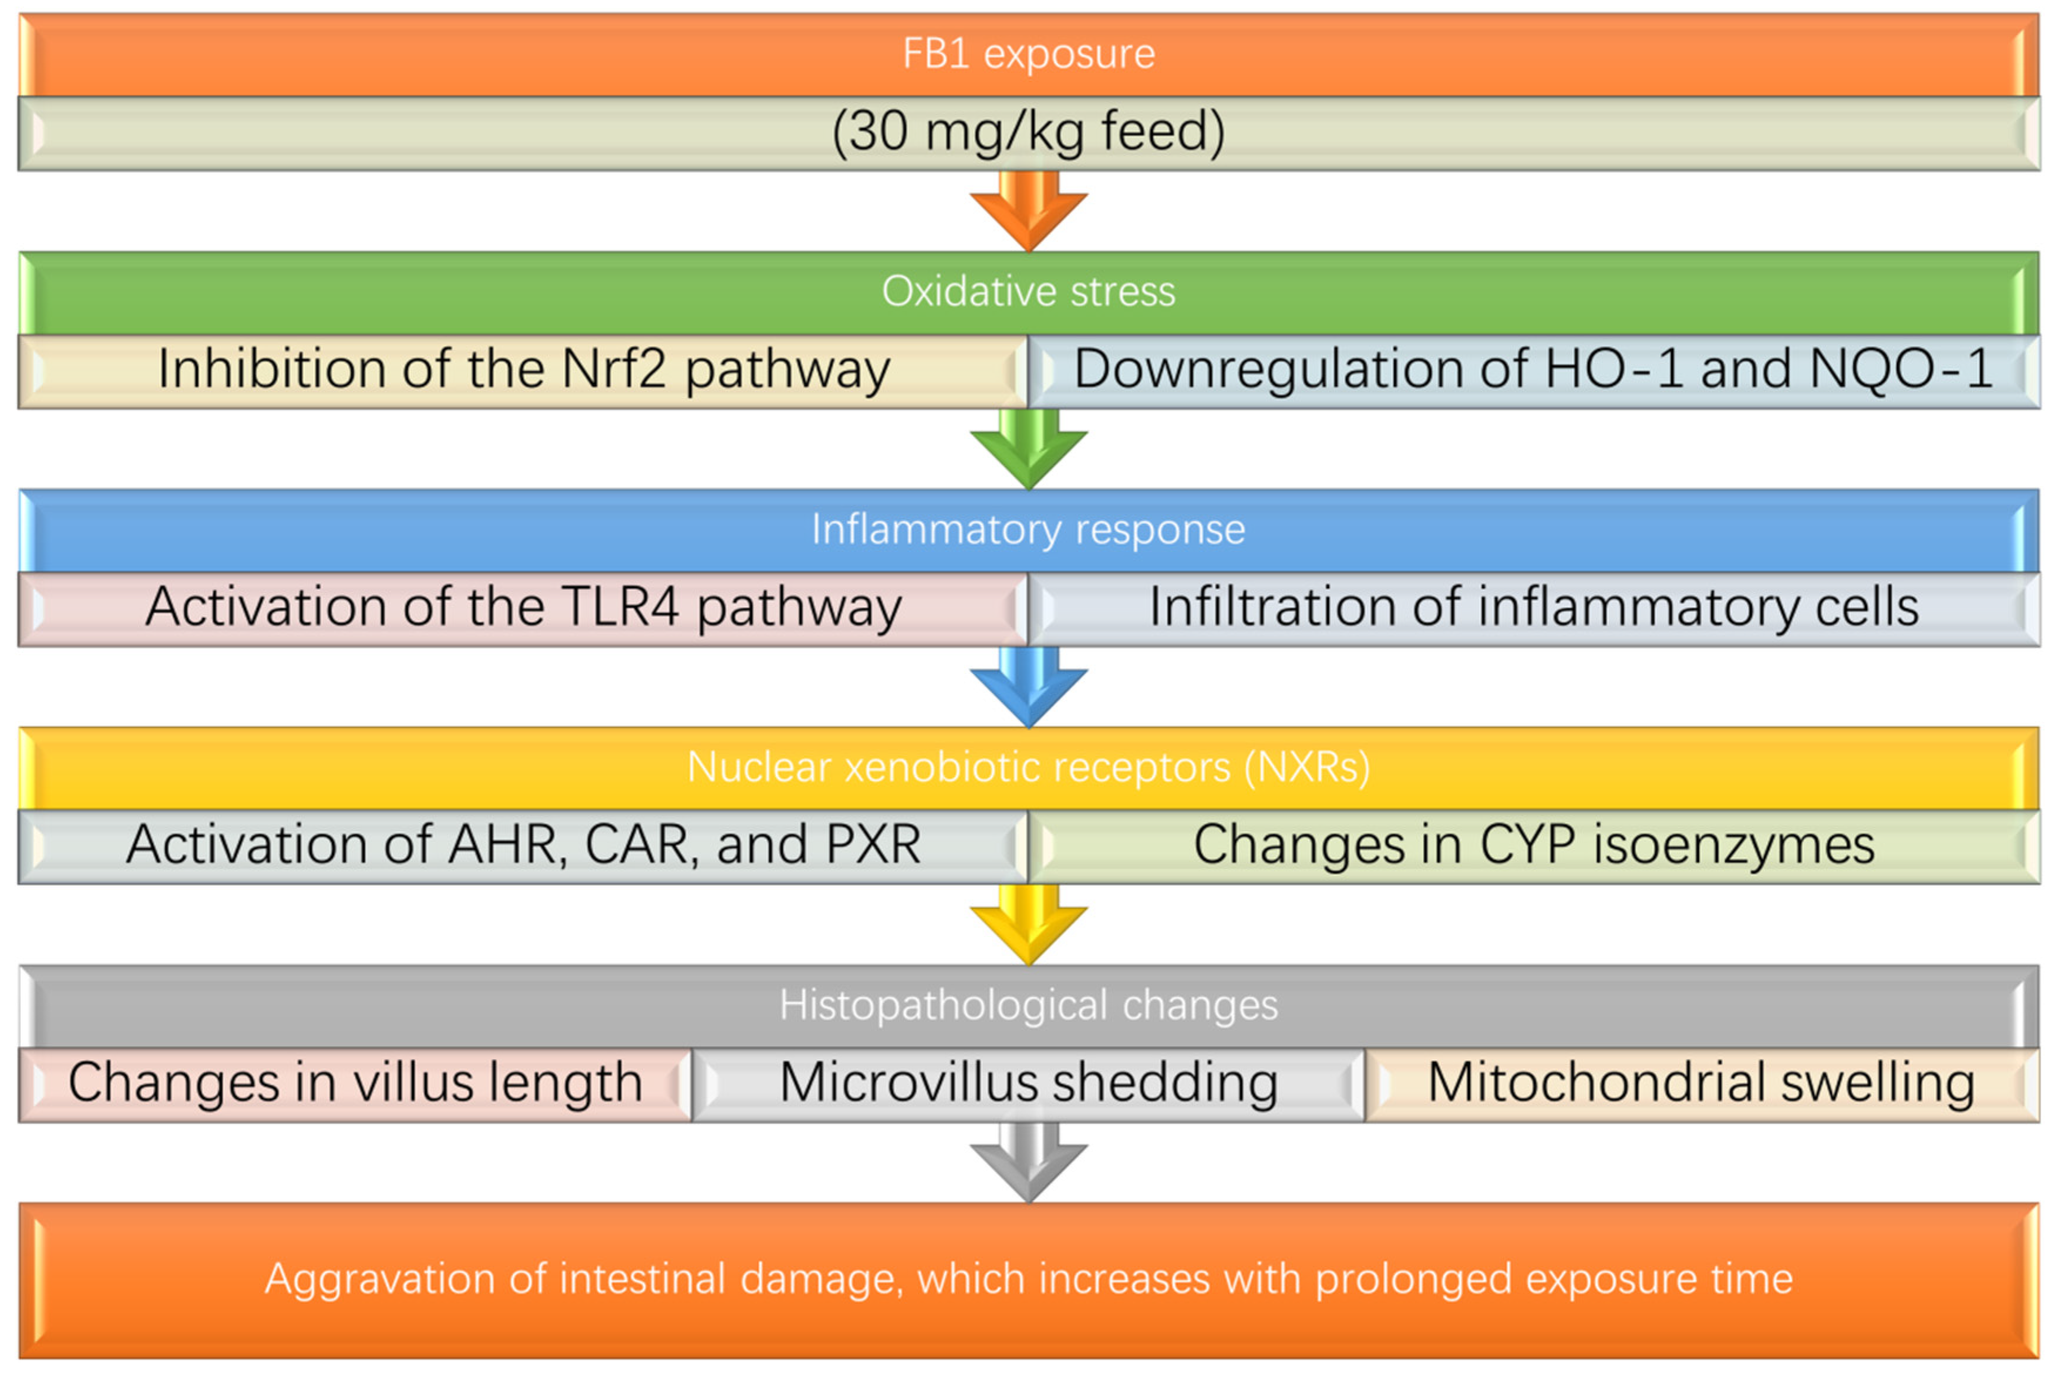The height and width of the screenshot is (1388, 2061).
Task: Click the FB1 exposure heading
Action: click(x=1029, y=54)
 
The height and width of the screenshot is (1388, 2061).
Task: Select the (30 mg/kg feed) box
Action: click(x=1029, y=133)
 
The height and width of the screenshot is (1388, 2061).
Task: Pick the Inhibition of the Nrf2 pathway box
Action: click(x=523, y=371)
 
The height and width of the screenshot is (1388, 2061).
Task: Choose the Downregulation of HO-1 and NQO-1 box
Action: click(x=1534, y=371)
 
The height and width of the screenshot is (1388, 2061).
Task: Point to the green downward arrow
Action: click(x=1029, y=449)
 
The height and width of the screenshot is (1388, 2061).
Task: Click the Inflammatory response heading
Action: click(x=1029, y=530)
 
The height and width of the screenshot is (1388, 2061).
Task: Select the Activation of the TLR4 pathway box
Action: click(x=523, y=609)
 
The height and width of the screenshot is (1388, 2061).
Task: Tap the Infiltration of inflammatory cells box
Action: click(x=1534, y=609)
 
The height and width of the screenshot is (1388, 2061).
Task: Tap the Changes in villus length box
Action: click(x=355, y=1085)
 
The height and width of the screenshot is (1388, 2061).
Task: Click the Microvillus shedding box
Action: click(x=1029, y=1085)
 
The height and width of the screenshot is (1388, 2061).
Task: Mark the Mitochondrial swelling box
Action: click(x=1702, y=1085)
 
